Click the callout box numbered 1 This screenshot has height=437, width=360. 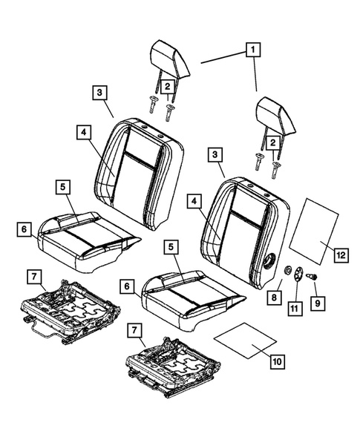(254, 50)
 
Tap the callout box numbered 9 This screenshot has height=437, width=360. (320, 302)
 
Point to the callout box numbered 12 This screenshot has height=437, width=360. (340, 255)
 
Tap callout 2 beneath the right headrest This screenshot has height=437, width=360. (275, 141)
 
